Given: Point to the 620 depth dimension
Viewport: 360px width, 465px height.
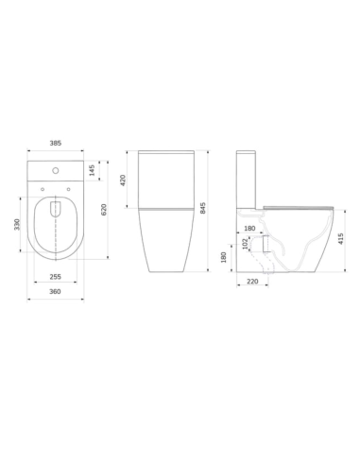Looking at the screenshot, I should click(x=105, y=208).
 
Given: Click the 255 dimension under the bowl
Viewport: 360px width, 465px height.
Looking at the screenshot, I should click(x=56, y=277).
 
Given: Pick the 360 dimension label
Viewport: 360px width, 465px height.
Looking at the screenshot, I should click(x=56, y=293).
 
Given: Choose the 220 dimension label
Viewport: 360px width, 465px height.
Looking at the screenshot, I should click(x=251, y=281).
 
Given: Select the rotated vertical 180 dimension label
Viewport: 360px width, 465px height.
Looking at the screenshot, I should click(x=223, y=256).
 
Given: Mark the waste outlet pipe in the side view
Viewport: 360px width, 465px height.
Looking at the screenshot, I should click(x=267, y=244).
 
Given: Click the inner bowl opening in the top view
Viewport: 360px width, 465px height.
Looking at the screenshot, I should click(x=57, y=227).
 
